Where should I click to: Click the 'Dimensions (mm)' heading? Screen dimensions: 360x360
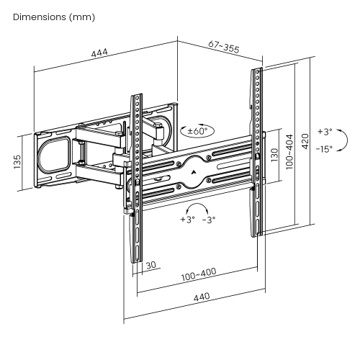[x=54, y=16]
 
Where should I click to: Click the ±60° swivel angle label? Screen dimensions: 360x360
[x=197, y=131]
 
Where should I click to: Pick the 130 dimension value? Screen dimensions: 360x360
[x=274, y=156]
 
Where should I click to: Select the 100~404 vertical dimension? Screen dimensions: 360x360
[x=289, y=153]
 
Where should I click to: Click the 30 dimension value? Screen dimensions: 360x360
[x=150, y=265]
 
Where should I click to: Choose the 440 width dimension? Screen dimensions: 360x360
[x=201, y=297]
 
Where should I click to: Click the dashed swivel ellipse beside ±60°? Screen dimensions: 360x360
[x=181, y=130]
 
